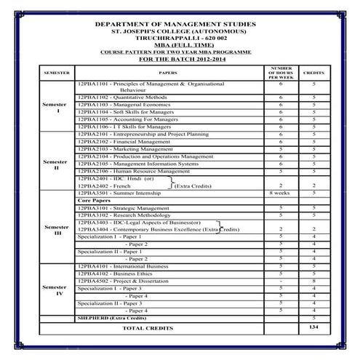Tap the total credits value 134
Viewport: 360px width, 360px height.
pos(313,329)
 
